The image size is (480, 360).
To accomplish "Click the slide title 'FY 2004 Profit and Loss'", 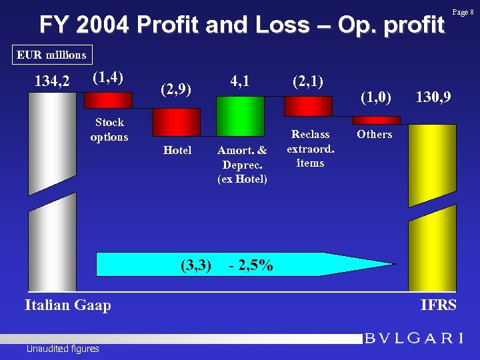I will click(241, 25).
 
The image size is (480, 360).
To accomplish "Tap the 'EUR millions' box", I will click(51, 55).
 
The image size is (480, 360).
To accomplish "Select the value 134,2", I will click(52, 82).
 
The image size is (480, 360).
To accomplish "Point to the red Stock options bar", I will click(108, 100).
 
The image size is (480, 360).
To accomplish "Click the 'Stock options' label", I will click(109, 129).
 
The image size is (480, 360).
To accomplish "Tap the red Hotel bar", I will click(177, 122).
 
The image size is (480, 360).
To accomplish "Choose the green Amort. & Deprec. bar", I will click(241, 116).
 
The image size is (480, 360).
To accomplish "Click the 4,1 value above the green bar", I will click(239, 81).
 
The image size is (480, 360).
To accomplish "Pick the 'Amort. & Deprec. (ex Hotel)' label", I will click(242, 165).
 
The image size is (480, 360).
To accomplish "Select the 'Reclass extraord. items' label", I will click(310, 149).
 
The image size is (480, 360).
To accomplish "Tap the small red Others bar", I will click(376, 120).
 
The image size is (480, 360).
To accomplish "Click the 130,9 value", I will click(433, 97).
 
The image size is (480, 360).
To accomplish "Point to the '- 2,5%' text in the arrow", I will click(250, 265).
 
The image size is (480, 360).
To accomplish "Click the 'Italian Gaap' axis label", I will click(67, 305).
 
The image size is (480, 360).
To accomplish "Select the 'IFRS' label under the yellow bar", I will click(438, 305).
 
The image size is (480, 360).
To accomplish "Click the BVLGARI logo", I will click(413, 338).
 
